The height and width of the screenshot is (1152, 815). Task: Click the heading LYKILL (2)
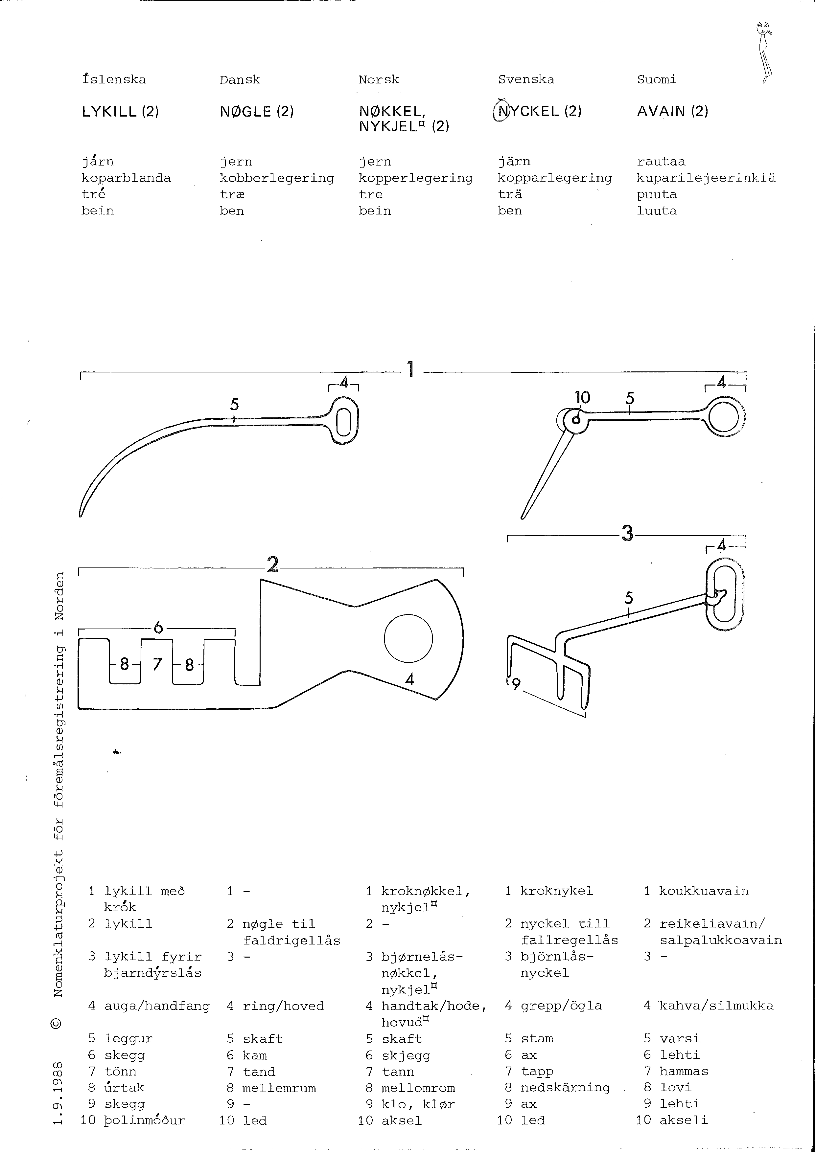(120, 111)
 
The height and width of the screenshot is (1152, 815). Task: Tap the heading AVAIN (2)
(672, 111)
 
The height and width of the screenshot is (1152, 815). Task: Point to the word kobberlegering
(277, 178)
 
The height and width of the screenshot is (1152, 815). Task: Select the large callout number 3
(627, 533)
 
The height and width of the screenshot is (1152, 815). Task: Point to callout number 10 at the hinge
(583, 398)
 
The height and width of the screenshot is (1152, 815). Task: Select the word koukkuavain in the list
(704, 891)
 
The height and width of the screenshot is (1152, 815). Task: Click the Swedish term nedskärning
(565, 1087)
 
